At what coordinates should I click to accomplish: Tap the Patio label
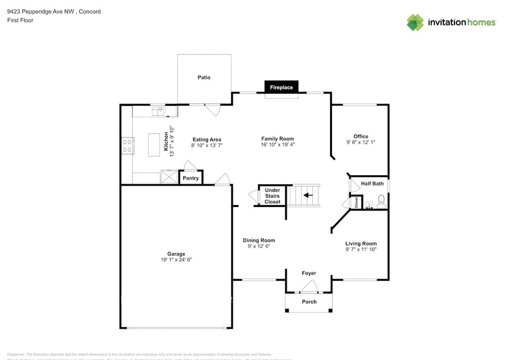204,78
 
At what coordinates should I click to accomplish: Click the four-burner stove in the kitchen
128,146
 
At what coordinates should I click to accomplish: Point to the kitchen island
155,146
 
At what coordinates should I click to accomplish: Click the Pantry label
190,178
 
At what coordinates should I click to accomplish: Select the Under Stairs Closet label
272,196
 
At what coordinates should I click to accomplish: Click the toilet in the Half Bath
381,200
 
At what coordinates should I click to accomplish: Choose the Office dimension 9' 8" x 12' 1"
360,143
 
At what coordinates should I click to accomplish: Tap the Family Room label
277,139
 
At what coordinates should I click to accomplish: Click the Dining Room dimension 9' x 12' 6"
258,247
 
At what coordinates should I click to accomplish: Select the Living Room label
360,243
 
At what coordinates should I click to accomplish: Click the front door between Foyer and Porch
309,286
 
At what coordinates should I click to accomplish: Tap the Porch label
309,302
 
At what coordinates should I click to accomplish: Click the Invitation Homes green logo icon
415,22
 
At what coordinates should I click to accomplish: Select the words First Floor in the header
21,20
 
